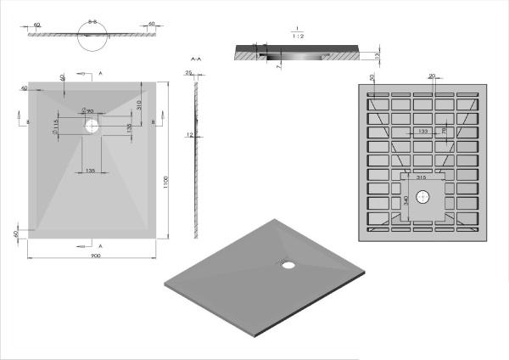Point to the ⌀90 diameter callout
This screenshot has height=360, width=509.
[x=87, y=111]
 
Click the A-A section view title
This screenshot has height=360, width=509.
[x=196, y=59]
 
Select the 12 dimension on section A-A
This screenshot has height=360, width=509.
[x=189, y=136]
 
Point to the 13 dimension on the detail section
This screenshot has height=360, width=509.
[x=378, y=54]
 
